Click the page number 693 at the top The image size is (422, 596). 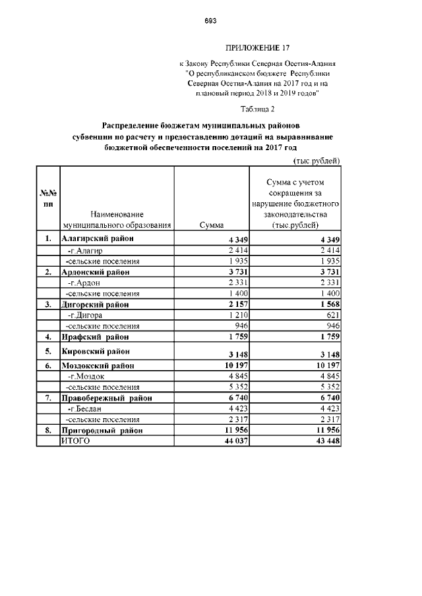(210, 21)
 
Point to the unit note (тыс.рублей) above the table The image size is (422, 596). (316, 160)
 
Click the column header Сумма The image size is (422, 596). (211, 225)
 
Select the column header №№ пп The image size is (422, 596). (47, 198)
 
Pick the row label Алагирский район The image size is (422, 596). (97, 238)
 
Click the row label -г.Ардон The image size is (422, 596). (84, 283)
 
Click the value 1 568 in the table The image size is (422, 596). (328, 304)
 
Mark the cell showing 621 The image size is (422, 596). (331, 315)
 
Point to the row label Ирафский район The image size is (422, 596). (95, 337)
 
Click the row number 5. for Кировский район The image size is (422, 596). (47, 351)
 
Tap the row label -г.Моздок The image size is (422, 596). (86, 376)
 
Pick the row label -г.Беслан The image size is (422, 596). (86, 409)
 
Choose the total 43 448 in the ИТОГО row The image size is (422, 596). (326, 441)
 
